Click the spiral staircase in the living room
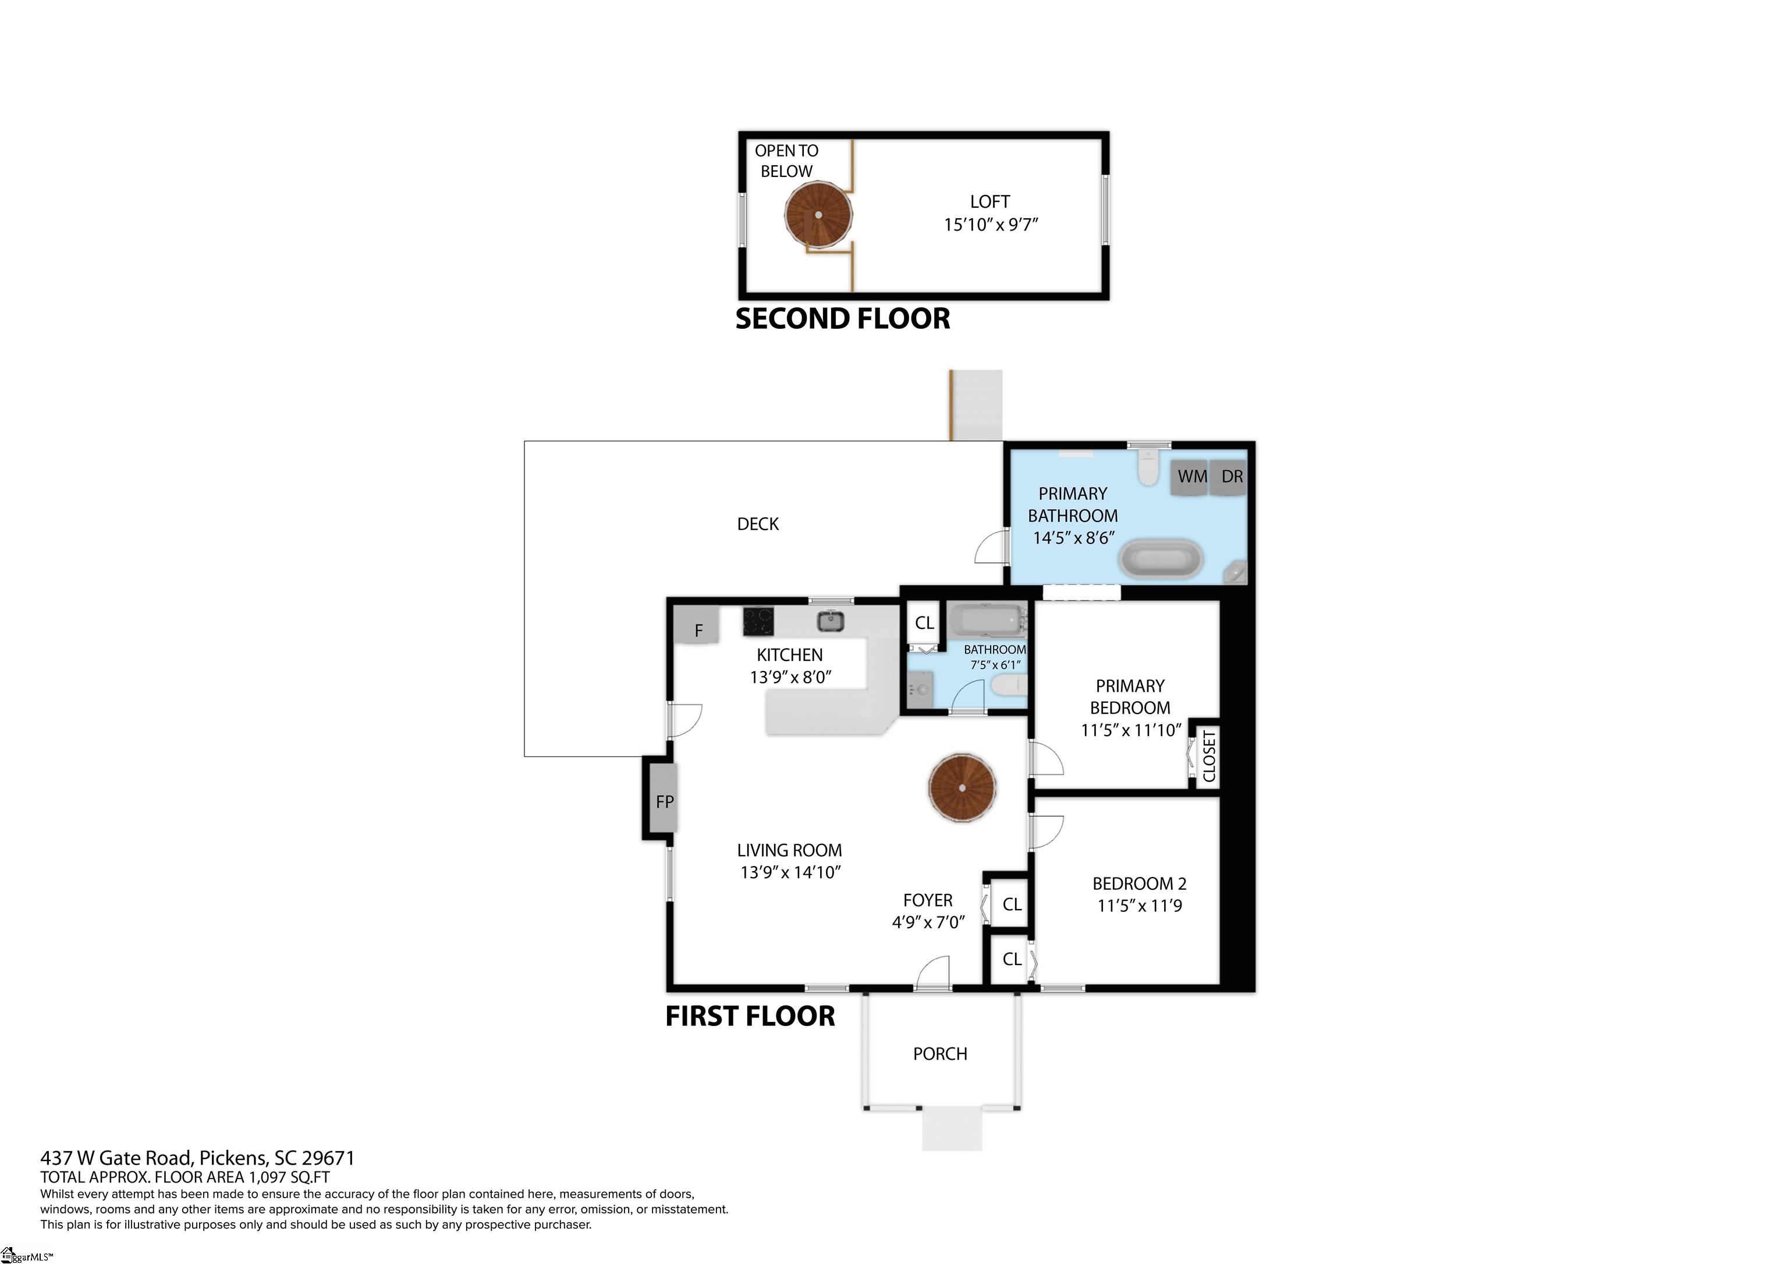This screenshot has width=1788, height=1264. (963, 787)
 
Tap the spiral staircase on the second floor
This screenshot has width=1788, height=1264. (818, 215)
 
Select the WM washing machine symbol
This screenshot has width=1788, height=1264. (1191, 477)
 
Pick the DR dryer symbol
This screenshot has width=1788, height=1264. (1230, 477)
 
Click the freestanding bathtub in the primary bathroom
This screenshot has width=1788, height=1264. (1161, 559)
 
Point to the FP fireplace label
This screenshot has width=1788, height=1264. (664, 801)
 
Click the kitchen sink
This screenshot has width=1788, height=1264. (830, 621)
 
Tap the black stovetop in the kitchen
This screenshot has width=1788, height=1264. (758, 622)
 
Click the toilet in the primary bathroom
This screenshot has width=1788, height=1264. (1149, 466)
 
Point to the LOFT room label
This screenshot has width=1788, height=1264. (990, 202)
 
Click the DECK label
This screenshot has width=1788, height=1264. (758, 524)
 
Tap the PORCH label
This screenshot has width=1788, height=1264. (940, 1054)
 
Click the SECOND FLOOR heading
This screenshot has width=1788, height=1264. (843, 318)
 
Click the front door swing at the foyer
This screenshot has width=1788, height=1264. (933, 974)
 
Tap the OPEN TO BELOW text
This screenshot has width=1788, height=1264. (786, 161)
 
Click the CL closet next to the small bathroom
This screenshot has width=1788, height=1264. (924, 623)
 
